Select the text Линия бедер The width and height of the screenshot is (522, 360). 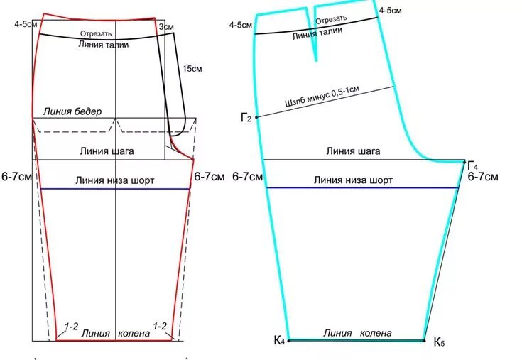tap(72, 111)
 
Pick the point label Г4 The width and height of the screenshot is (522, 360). tap(472, 165)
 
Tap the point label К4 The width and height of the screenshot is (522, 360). tap(279, 341)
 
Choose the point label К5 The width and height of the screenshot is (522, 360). tap(440, 342)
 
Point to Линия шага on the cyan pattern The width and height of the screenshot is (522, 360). tap(353, 151)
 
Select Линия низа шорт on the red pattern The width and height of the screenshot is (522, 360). tap(114, 180)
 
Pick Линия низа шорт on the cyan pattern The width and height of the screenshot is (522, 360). tap(353, 180)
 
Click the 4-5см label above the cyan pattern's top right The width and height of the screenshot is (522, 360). tap(391, 11)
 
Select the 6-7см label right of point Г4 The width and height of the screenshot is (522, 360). tap(483, 177)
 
